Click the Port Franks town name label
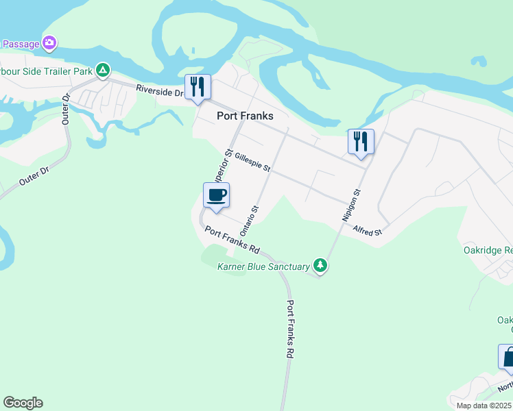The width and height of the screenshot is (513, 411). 245,116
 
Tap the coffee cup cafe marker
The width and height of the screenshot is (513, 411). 216,195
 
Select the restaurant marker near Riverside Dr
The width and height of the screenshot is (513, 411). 198,86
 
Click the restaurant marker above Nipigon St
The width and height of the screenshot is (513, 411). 361,142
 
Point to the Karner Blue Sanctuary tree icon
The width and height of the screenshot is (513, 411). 320,264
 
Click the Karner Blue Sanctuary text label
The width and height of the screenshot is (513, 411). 263,266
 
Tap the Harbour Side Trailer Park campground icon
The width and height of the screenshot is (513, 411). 102,69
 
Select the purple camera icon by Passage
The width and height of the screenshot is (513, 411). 49,43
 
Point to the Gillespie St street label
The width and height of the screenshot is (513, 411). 252,162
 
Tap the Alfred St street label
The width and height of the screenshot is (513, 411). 368,232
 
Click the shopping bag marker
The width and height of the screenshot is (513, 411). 508,357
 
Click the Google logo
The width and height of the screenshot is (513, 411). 23,403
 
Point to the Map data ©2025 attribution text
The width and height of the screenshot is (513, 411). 484,406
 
